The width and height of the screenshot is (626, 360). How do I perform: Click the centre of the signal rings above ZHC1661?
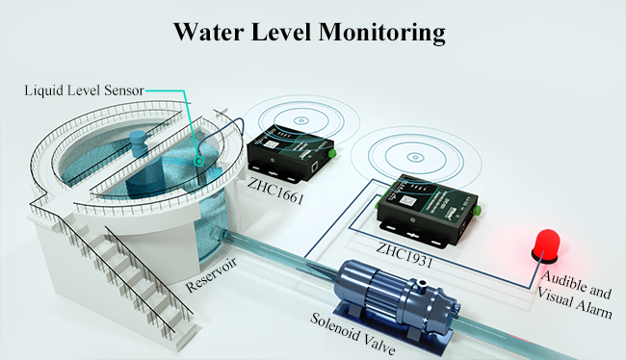tap(300, 121)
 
